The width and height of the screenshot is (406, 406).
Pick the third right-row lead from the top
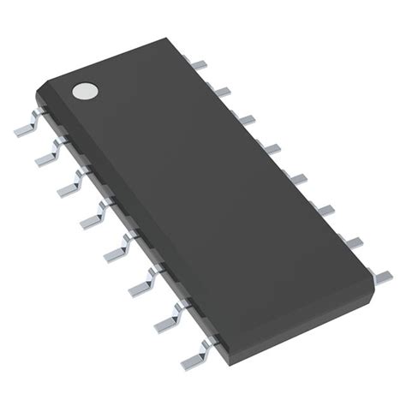246,117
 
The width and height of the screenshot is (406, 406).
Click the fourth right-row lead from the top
272,147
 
